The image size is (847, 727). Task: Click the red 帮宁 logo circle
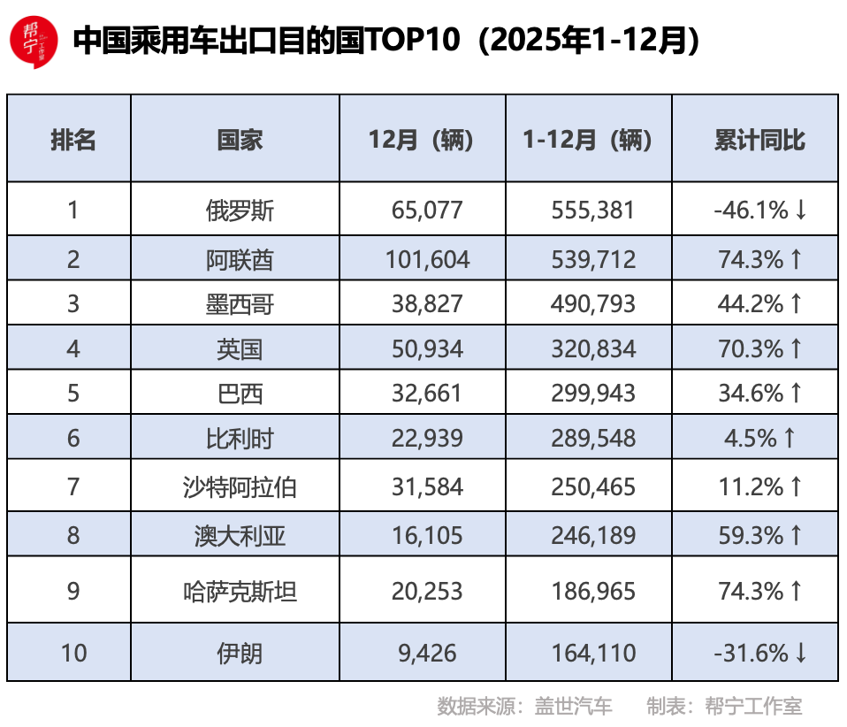tap(33, 40)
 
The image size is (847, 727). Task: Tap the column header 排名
tap(72, 139)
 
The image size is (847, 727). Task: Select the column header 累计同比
tap(759, 139)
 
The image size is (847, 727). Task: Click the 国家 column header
tap(240, 139)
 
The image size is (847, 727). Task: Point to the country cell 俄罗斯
tap(240, 210)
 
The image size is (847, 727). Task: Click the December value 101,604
tap(427, 259)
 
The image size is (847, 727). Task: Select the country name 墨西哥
tap(240, 304)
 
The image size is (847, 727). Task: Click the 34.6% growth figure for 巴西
tap(750, 393)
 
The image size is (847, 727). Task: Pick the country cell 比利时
tap(240, 439)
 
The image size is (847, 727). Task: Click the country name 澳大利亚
tap(240, 535)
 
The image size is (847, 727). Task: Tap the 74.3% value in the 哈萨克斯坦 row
tap(750, 590)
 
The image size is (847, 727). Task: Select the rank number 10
tap(73, 653)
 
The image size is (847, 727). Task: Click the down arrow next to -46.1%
tap(801, 210)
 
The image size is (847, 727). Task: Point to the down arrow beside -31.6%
tap(801, 653)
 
